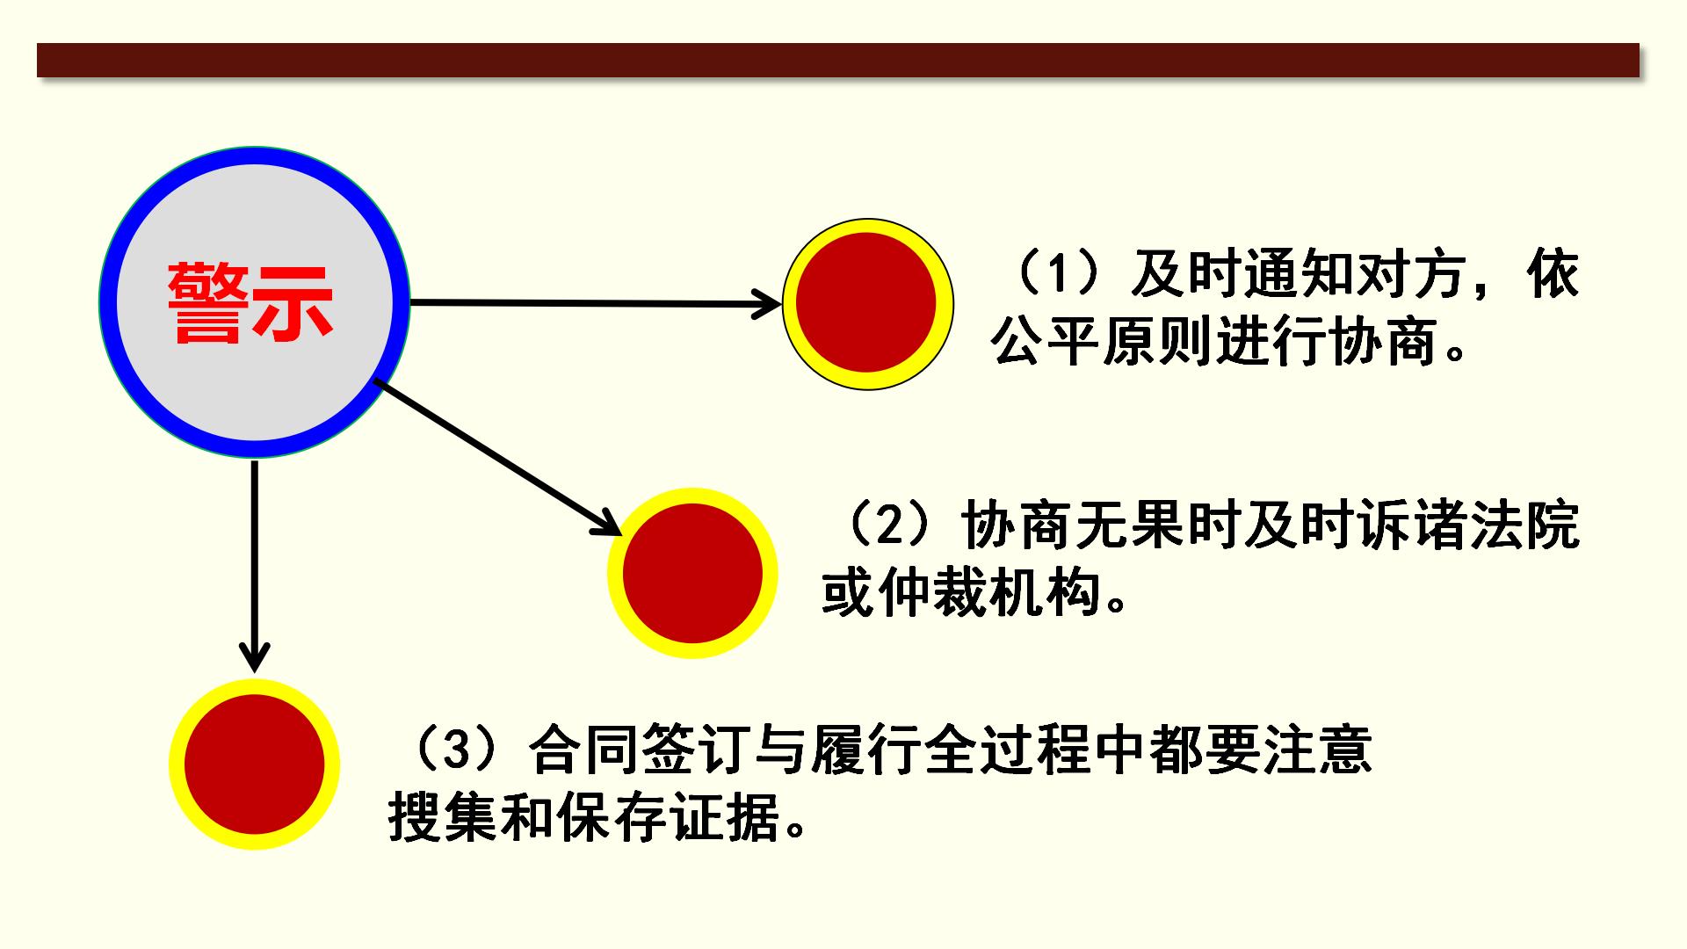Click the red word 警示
pyautogui.click(x=251, y=303)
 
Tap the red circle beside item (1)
pyautogui.click(x=867, y=303)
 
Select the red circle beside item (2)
pyautogui.click(x=692, y=573)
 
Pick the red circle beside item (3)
pyautogui.click(x=254, y=764)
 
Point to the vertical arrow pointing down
pyautogui.click(x=254, y=562)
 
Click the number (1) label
pyautogui.click(x=1060, y=274)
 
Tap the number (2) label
pyautogui.click(x=889, y=525)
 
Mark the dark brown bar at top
pyautogui.click(x=837, y=60)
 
